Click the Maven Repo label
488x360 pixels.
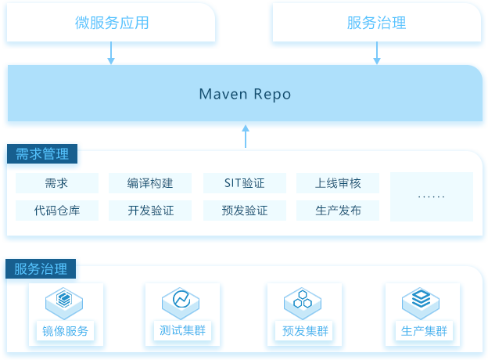point(245,94)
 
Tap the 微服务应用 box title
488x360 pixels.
point(112,23)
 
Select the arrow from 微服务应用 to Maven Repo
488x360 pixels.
point(111,53)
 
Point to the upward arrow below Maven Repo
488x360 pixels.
point(246,136)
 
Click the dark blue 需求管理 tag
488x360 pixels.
point(42,154)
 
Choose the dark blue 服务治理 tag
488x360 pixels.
point(41,268)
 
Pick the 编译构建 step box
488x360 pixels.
point(150,183)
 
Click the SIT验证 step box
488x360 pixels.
point(245,183)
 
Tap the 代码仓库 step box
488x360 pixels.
point(57,211)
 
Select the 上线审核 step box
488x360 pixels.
point(338,183)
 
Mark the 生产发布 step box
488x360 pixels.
point(338,211)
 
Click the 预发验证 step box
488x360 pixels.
point(245,211)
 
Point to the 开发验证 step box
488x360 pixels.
point(150,211)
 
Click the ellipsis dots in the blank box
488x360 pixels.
point(432,196)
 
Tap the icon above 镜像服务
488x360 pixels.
point(64,303)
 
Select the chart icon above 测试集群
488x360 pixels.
point(181,303)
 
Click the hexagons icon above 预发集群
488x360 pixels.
point(303,303)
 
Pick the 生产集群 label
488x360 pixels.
point(424,331)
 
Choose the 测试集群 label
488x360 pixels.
point(182,330)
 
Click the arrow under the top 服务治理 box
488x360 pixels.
point(377,53)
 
